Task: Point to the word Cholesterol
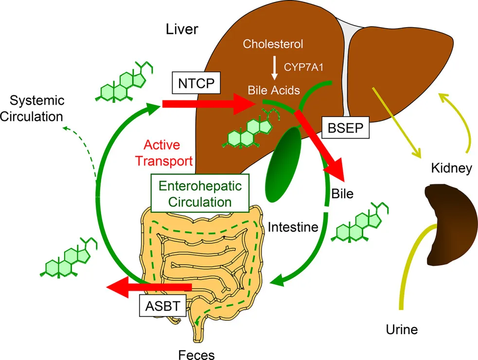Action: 272,45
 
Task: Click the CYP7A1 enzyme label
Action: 303,68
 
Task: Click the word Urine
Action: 402,330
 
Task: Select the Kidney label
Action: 452,169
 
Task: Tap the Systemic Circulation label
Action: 37,109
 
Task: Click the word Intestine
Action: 292,226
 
